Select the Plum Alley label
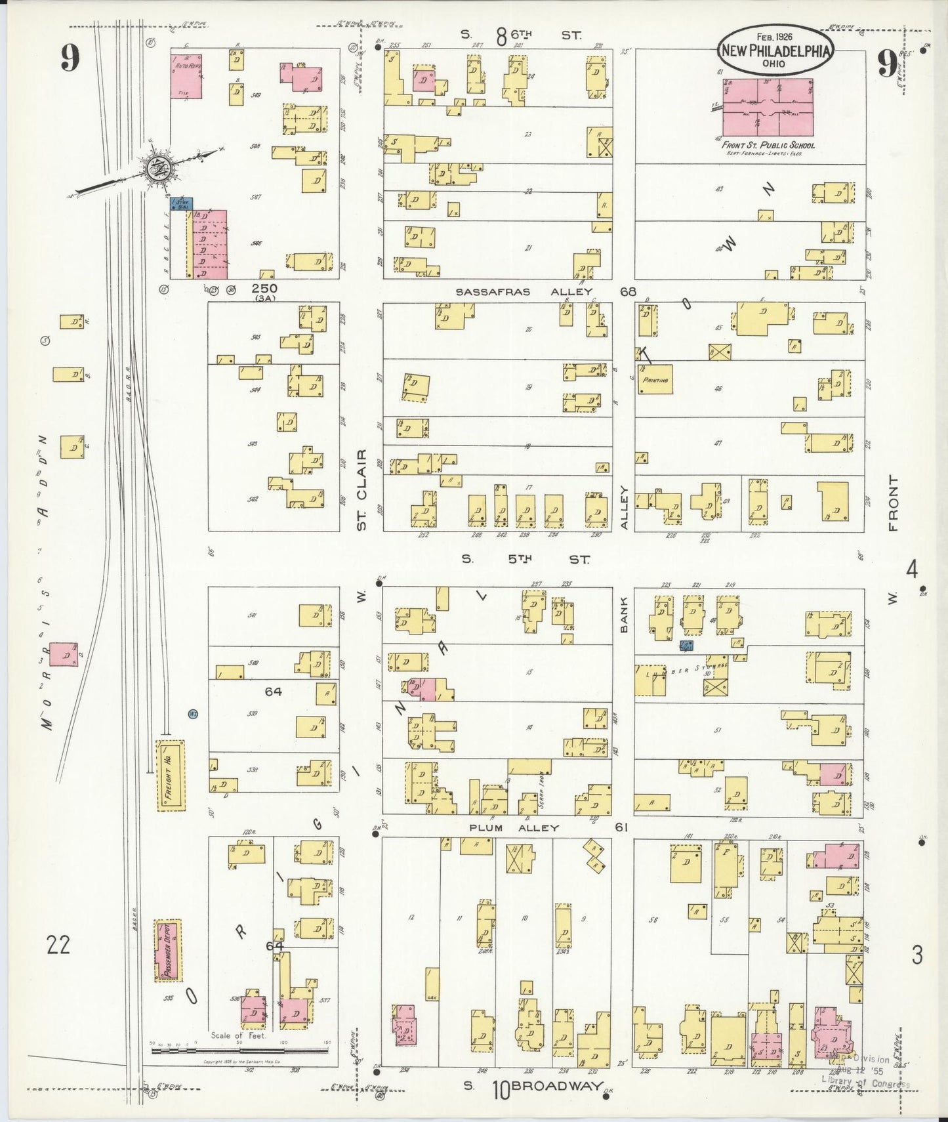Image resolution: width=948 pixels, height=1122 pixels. [x=514, y=828]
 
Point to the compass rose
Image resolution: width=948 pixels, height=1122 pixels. [x=157, y=166]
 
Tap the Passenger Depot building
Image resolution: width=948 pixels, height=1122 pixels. [x=167, y=950]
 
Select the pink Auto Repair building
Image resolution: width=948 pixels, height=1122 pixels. [x=186, y=77]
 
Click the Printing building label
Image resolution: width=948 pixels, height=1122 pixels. [x=655, y=380]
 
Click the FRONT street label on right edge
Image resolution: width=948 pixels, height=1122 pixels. [x=893, y=503]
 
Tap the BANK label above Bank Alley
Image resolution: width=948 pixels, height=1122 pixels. [x=624, y=615]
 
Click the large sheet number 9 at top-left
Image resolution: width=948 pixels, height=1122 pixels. [x=70, y=59]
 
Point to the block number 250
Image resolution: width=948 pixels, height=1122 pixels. [x=264, y=289]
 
